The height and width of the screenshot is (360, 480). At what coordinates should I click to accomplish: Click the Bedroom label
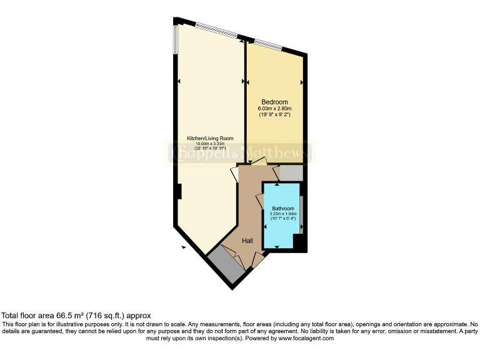(274, 102)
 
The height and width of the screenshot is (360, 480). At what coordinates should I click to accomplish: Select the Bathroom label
(282, 208)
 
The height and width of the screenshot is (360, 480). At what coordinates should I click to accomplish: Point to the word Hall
(247, 239)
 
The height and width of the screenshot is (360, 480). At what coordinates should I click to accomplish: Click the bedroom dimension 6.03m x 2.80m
(274, 109)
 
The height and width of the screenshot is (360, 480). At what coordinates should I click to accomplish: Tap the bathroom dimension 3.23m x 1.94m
(282, 213)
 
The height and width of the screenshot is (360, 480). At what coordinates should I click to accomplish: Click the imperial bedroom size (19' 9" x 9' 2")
(274, 115)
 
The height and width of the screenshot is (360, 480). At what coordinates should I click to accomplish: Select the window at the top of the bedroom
(267, 44)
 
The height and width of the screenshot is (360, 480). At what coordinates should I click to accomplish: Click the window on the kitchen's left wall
(176, 39)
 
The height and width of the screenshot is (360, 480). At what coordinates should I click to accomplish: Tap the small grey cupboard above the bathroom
(291, 172)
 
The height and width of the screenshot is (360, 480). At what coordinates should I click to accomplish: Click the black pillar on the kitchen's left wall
(179, 191)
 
